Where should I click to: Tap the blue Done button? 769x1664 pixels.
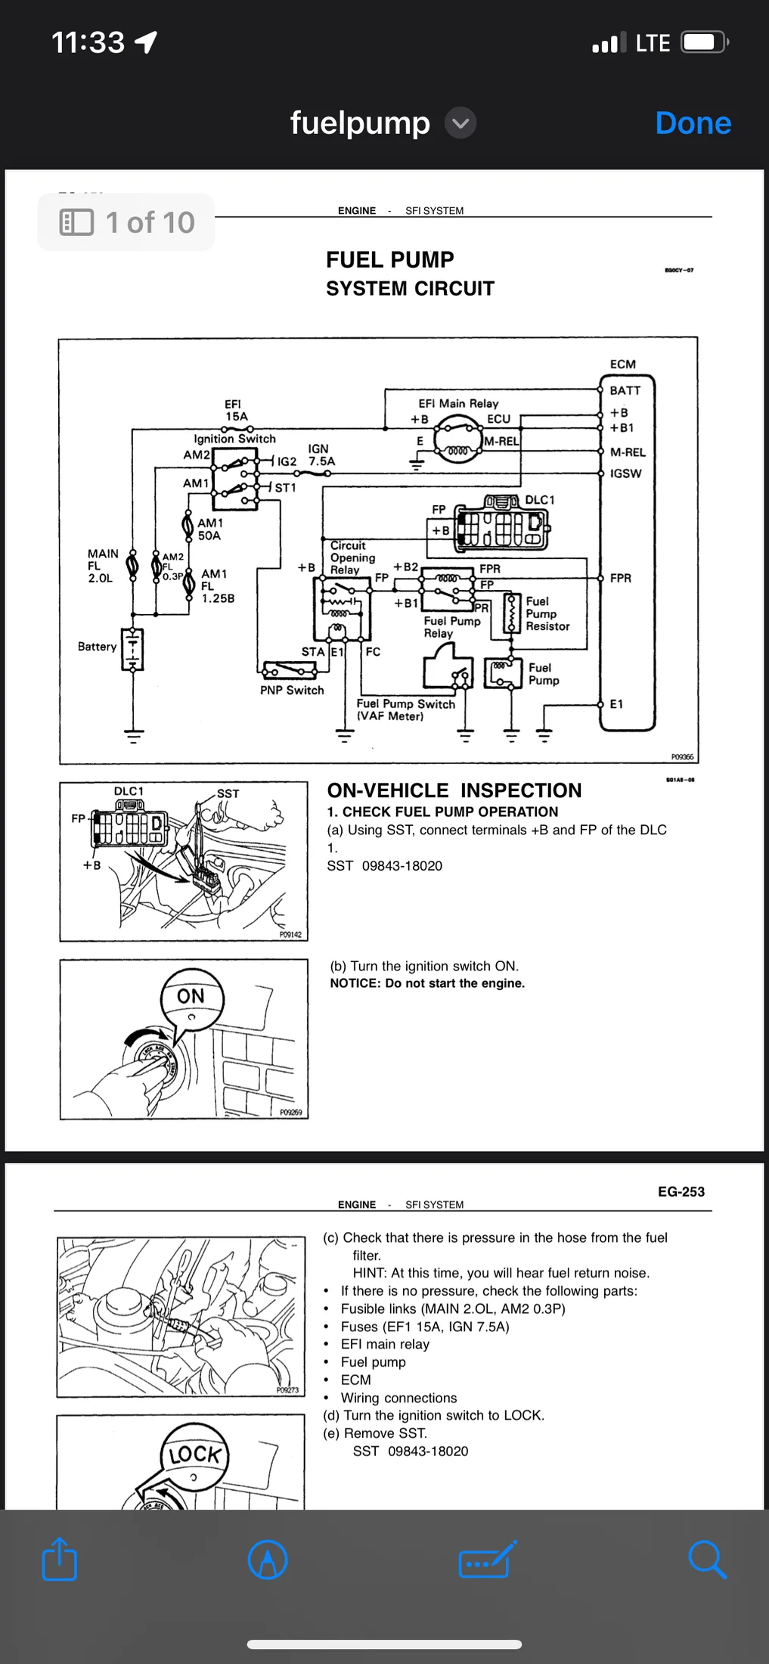pyautogui.click(x=693, y=123)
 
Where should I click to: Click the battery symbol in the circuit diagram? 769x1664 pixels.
pyautogui.click(x=133, y=649)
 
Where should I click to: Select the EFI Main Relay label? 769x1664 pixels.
pyautogui.click(x=458, y=404)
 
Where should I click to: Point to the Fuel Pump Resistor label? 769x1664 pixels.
pyautogui.click(x=547, y=614)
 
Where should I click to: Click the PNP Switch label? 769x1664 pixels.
pyautogui.click(x=292, y=691)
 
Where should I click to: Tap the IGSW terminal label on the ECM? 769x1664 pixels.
pyautogui.click(x=625, y=473)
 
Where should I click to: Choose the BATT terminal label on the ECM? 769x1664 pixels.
pyautogui.click(x=625, y=390)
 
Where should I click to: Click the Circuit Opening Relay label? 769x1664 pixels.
pyautogui.click(x=352, y=557)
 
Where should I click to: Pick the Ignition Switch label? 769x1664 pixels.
pyautogui.click(x=234, y=439)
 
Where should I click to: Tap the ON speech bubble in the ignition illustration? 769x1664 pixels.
pyautogui.click(x=191, y=997)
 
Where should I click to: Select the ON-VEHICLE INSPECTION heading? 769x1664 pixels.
pyautogui.click(x=454, y=790)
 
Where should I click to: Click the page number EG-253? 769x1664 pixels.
pyautogui.click(x=681, y=1192)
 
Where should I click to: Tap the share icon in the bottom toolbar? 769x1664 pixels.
pyautogui.click(x=60, y=1560)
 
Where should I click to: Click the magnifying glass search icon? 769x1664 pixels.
pyautogui.click(x=707, y=1560)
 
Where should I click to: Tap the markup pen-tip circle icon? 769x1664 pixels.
pyautogui.click(x=268, y=1560)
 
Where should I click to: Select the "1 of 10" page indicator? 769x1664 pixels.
pyautogui.click(x=126, y=222)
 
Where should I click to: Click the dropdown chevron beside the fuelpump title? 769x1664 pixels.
pyautogui.click(x=460, y=123)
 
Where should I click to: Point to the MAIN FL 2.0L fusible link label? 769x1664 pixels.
pyautogui.click(x=101, y=566)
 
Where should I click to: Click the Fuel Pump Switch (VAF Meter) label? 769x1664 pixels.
pyautogui.click(x=405, y=709)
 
